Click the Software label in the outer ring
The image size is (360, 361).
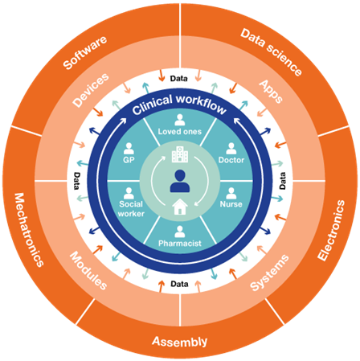(85, 53)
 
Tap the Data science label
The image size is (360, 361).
(271, 52)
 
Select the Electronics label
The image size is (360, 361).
(331, 230)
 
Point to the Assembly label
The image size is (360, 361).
(180, 342)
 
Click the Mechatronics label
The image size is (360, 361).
(29, 230)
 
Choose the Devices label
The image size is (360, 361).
(91, 90)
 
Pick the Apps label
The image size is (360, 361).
(271, 92)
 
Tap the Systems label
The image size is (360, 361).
(269, 273)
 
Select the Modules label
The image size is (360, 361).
(88, 271)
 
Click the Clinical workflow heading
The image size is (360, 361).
(179, 105)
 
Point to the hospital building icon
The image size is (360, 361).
(180, 154)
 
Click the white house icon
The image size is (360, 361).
(180, 207)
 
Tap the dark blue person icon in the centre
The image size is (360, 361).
(180, 181)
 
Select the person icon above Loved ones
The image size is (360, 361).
(180, 120)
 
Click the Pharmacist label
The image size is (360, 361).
(180, 244)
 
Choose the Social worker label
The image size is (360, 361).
(131, 209)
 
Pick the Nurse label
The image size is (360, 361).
(231, 204)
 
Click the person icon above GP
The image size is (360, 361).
(129, 149)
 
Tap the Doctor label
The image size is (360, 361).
(231, 160)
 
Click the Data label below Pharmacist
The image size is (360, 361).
(179, 284)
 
